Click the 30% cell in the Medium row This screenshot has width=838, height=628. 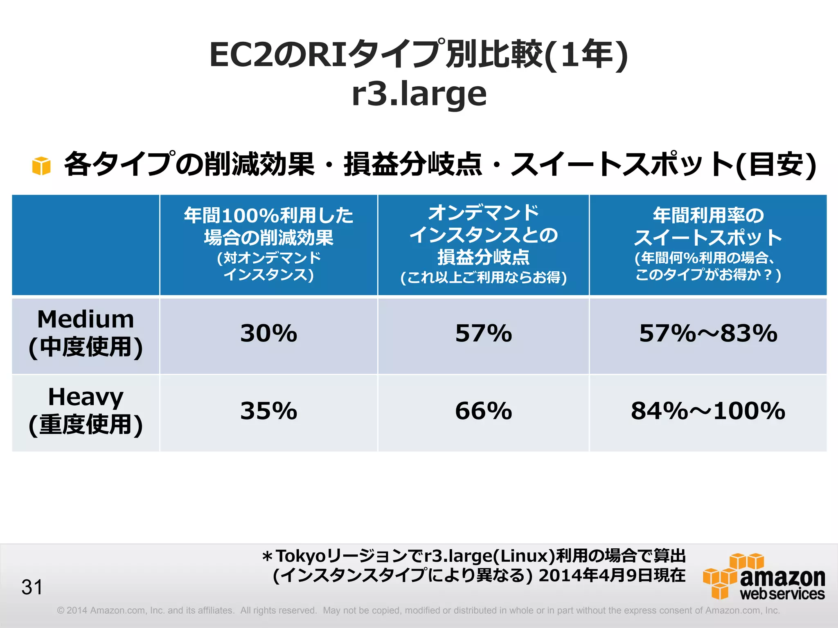pos(268,334)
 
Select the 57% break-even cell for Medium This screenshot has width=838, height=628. pos(483,334)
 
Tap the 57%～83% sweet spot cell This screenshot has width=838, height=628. pos(708,334)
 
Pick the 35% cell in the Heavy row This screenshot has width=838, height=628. pos(268,411)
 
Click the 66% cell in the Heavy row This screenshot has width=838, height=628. pos(483,411)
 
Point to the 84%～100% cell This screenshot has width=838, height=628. pos(708,411)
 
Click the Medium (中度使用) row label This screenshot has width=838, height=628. pos(86,334)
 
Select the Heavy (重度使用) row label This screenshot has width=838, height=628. pos(86,411)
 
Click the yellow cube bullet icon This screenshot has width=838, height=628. pos(41,166)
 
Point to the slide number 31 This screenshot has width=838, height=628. pos(32,587)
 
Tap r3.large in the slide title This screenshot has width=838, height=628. pos(419,94)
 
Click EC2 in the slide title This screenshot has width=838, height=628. pos(241,55)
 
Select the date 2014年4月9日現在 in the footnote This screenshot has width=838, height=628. pos(612,575)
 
